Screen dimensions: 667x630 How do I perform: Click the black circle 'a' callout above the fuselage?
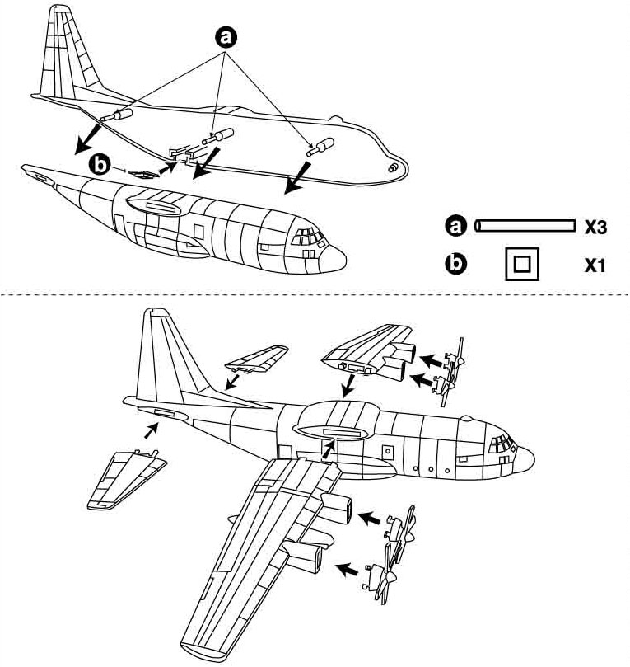click(226, 35)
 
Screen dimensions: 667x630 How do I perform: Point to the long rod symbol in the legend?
click(524, 225)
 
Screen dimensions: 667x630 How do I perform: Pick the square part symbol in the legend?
click(521, 265)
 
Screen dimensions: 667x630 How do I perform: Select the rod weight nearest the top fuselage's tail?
click(114, 115)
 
